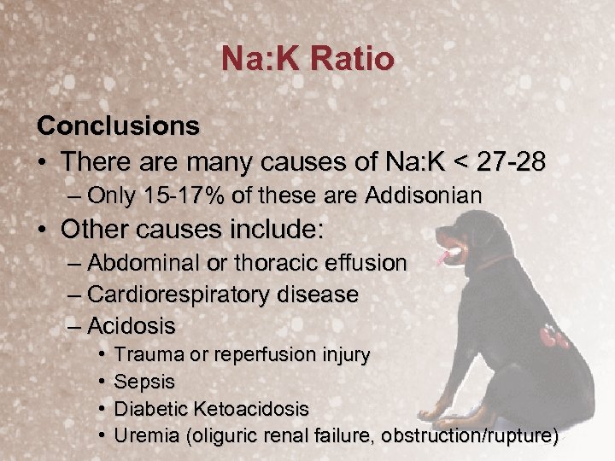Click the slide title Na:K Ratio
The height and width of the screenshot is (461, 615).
coord(307,59)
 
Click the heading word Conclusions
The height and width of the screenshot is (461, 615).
coord(118,125)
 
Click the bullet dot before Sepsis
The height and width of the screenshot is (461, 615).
coord(101,382)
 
